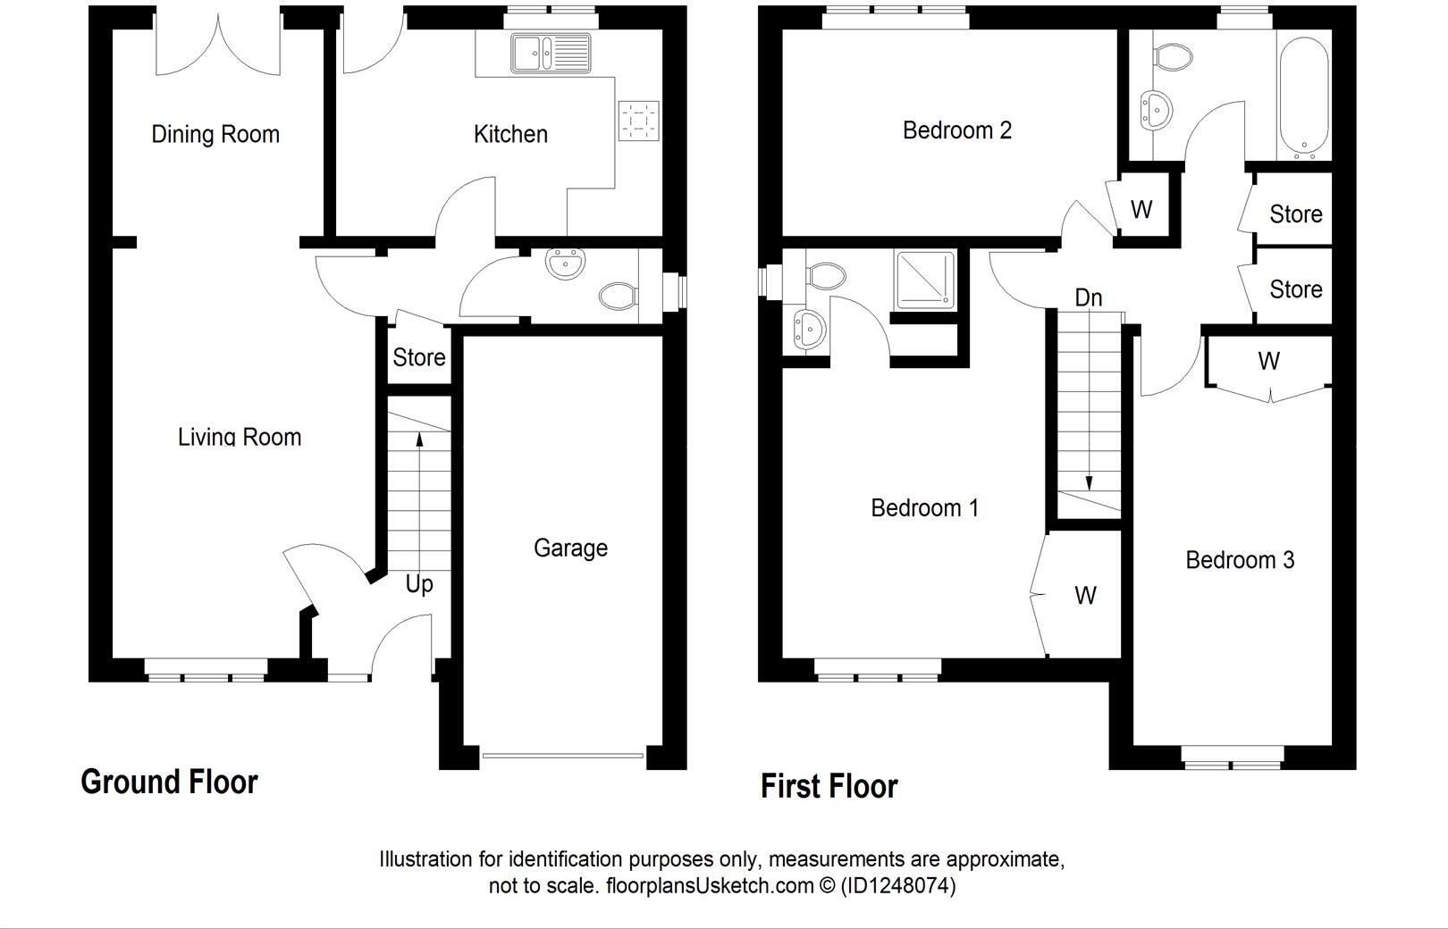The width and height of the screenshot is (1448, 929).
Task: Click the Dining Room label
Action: pyautogui.click(x=215, y=135)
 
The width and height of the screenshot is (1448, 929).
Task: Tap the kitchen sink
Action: pyautogui.click(x=551, y=54)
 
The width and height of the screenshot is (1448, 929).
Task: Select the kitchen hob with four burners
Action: pyautogui.click(x=639, y=121)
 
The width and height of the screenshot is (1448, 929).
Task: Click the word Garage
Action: pyautogui.click(x=570, y=548)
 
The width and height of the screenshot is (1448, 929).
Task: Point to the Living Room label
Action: pyautogui.click(x=240, y=437)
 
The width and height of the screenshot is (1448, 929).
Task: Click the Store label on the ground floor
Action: pyautogui.click(x=418, y=357)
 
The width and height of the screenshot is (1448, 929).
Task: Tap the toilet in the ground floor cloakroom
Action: pyautogui.click(x=618, y=295)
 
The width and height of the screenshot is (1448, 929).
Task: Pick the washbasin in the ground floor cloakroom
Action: pyautogui.click(x=565, y=263)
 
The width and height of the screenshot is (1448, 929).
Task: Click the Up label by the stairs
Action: pyautogui.click(x=418, y=584)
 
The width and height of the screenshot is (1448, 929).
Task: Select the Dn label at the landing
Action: pyautogui.click(x=1088, y=297)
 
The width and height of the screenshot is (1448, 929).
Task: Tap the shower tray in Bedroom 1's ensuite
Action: pyautogui.click(x=925, y=280)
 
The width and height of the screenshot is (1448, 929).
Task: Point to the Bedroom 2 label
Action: pyautogui.click(x=956, y=130)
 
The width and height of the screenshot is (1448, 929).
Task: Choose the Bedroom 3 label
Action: pyautogui.click(x=1239, y=560)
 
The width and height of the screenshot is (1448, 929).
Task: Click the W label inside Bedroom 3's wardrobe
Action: pyautogui.click(x=1268, y=361)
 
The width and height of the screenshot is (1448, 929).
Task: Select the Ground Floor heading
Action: pyautogui.click(x=169, y=782)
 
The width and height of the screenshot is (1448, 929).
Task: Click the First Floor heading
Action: pyautogui.click(x=829, y=786)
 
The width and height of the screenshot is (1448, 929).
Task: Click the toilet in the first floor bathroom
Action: pyautogui.click(x=1173, y=58)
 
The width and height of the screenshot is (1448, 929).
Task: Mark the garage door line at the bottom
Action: pyautogui.click(x=562, y=756)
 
